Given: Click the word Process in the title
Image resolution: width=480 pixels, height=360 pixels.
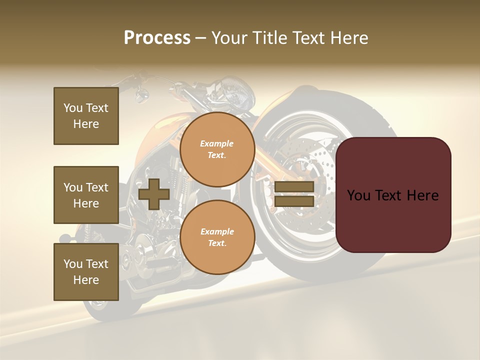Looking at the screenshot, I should pos(157,38).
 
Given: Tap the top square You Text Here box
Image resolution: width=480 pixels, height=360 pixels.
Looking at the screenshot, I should pos(86,116).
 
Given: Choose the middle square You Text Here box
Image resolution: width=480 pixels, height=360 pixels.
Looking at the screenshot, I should pos(86,195).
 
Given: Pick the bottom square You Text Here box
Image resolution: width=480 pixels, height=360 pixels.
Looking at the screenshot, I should pos(86,272).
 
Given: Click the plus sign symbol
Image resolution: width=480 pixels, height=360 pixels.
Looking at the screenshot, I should pos(154,194).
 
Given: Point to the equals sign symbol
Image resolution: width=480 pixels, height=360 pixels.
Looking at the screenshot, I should pos(294,194).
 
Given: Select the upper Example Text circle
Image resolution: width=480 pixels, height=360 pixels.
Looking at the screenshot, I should pos(217,149).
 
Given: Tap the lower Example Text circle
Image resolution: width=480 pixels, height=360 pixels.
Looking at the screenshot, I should pos(217,237).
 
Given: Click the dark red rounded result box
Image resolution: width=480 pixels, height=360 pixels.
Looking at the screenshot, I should pos(393,195).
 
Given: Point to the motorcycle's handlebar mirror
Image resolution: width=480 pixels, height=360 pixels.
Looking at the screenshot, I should pos(141,93).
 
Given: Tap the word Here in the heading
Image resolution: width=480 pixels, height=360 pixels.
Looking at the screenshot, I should pos(348,38).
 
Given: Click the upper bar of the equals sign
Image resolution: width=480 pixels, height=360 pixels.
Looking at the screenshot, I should pos(294,187).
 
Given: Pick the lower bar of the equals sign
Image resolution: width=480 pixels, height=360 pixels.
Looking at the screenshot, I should pos(294,201).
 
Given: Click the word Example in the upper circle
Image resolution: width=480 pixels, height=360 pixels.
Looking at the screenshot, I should pos(217,143).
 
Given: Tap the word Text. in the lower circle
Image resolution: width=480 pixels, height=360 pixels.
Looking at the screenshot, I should pos(217,243).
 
